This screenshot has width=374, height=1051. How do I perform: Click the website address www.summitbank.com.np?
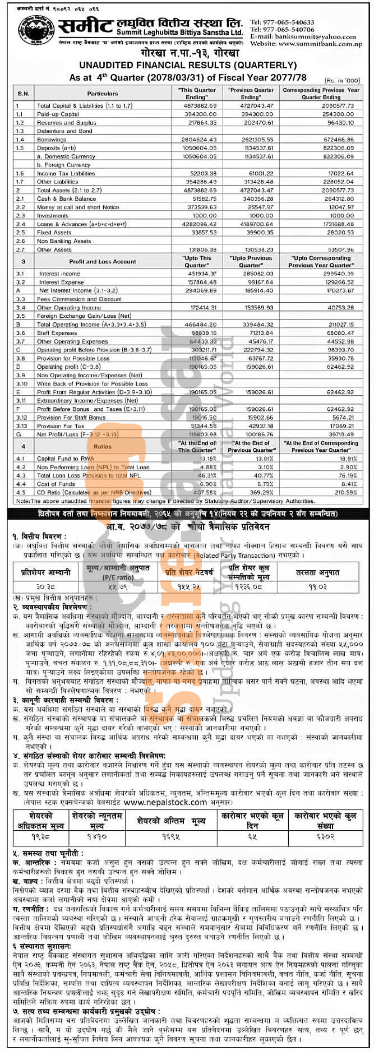click(x=314, y=44)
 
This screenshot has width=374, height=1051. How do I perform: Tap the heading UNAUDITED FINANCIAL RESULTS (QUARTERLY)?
click(x=187, y=66)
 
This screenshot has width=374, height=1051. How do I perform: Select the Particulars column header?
click(x=103, y=93)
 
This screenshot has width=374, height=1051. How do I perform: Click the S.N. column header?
click(x=23, y=93)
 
